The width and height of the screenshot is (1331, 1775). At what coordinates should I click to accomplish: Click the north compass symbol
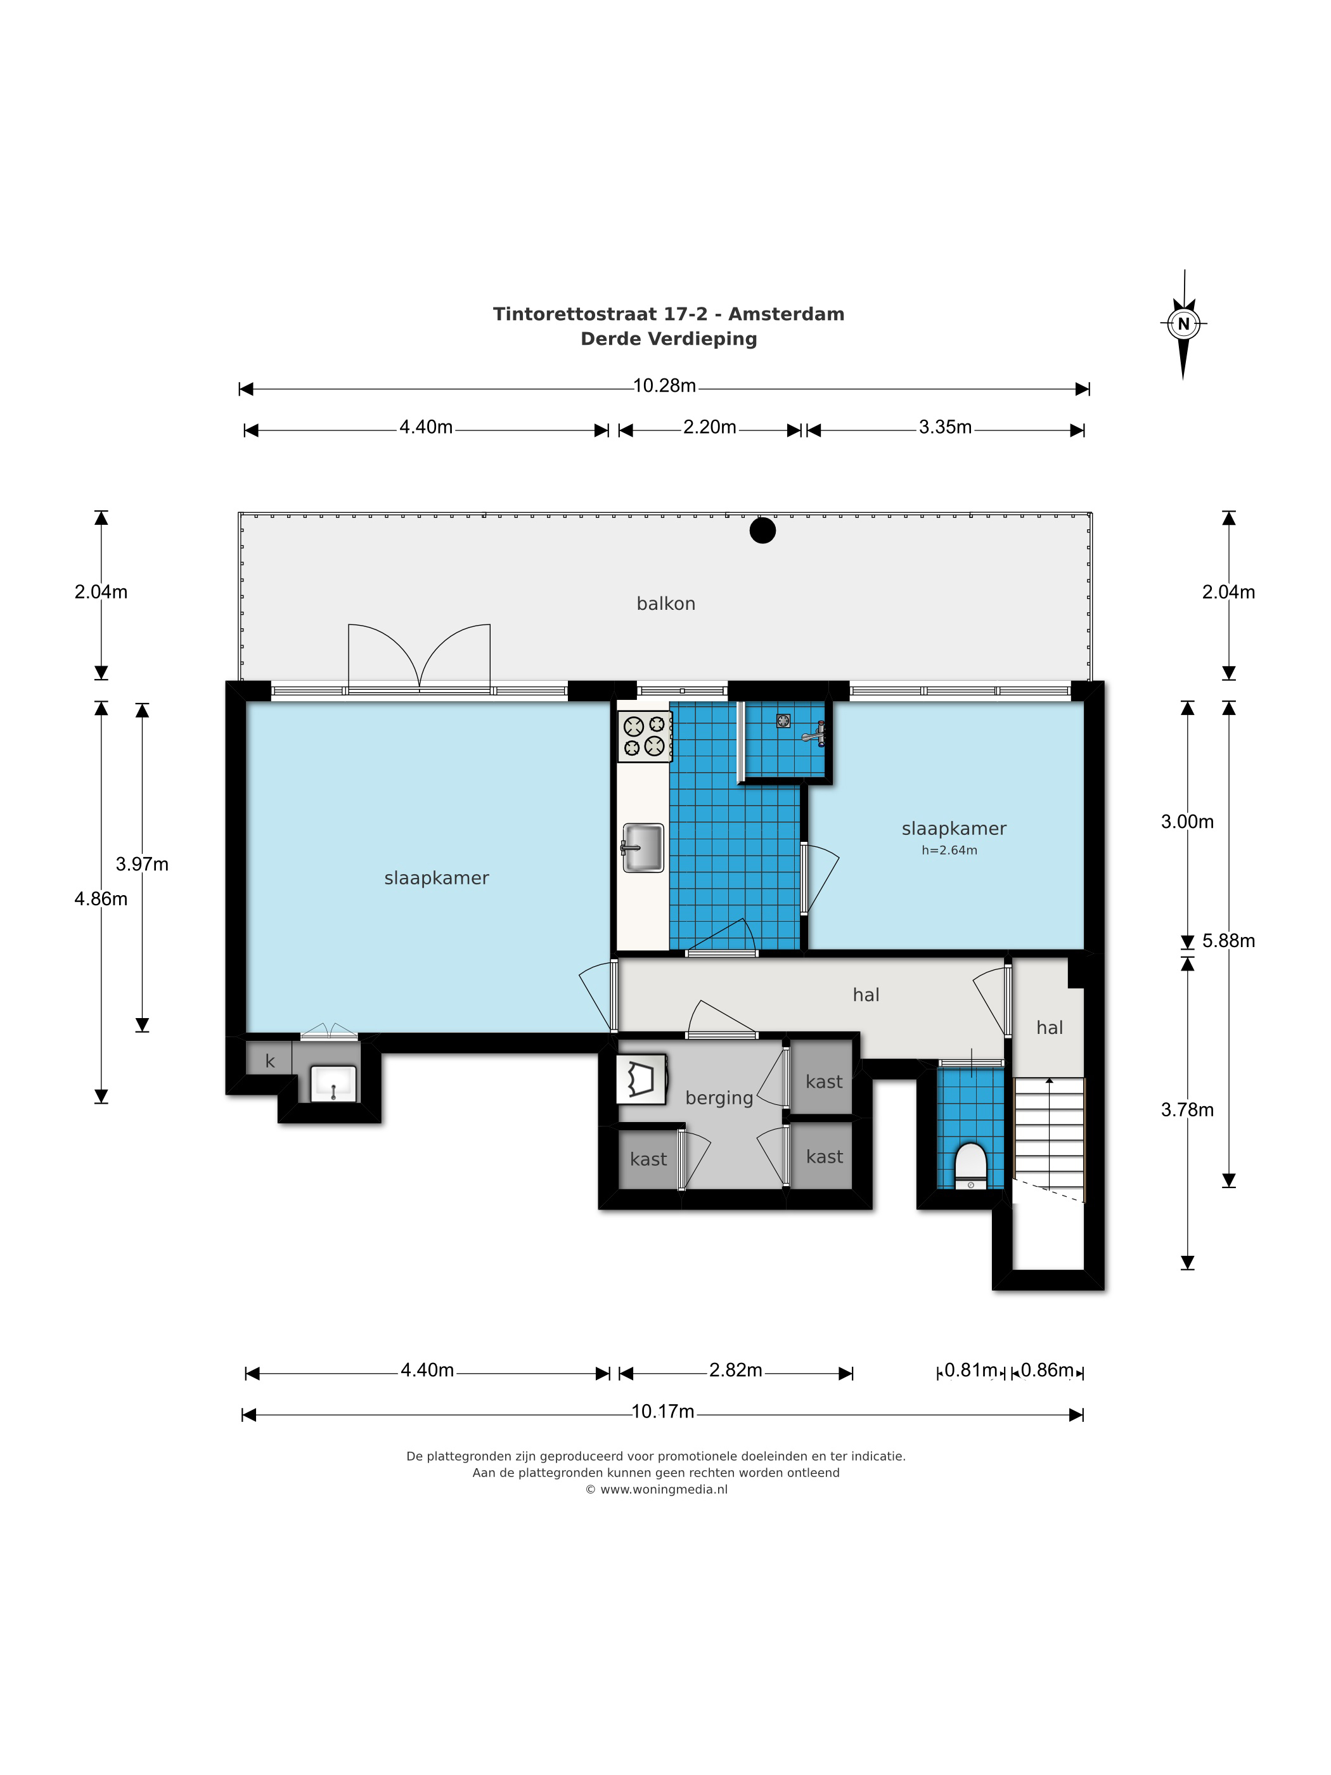click(x=1183, y=324)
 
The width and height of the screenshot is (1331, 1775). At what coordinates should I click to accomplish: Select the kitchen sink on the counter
click(x=643, y=848)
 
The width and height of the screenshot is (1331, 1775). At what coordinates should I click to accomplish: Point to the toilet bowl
click(x=971, y=1165)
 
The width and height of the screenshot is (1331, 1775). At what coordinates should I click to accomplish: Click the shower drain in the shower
click(x=783, y=721)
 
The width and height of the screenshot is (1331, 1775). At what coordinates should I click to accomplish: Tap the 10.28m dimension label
click(x=664, y=386)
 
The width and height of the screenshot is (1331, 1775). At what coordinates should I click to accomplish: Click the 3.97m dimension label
click(x=142, y=864)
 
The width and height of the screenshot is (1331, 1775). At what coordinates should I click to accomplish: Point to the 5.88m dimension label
click(x=1228, y=941)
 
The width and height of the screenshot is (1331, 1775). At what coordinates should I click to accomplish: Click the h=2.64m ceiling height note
click(x=949, y=851)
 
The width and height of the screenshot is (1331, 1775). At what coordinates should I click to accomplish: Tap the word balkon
click(x=666, y=603)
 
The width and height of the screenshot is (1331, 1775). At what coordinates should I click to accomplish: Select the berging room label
click(x=719, y=1098)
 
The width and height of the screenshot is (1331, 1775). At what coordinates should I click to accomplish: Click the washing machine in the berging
click(x=641, y=1080)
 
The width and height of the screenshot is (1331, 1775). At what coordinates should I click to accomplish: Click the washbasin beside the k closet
click(x=333, y=1083)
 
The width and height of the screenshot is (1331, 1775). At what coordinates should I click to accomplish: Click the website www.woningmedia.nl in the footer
click(x=664, y=1489)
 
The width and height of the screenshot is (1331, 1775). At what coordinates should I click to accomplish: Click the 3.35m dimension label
click(x=945, y=427)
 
